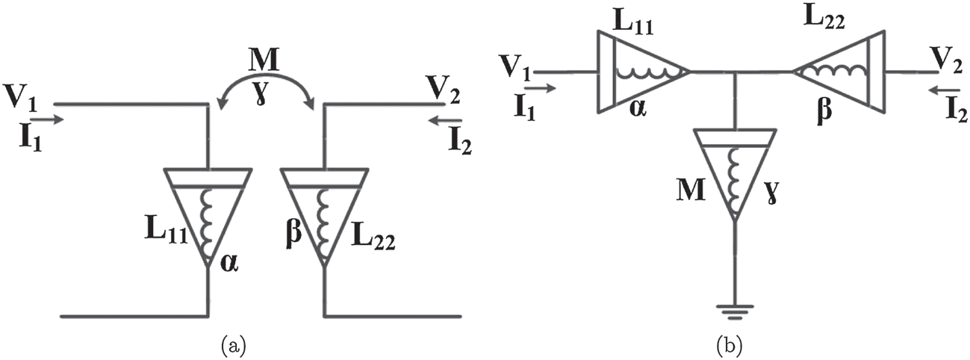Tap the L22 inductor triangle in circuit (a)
(323, 215)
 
